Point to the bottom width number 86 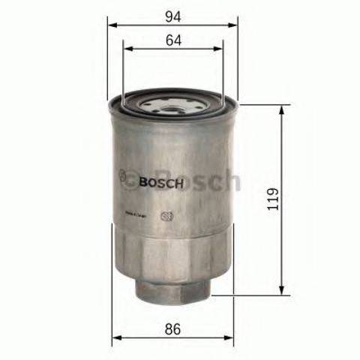[174, 327]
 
